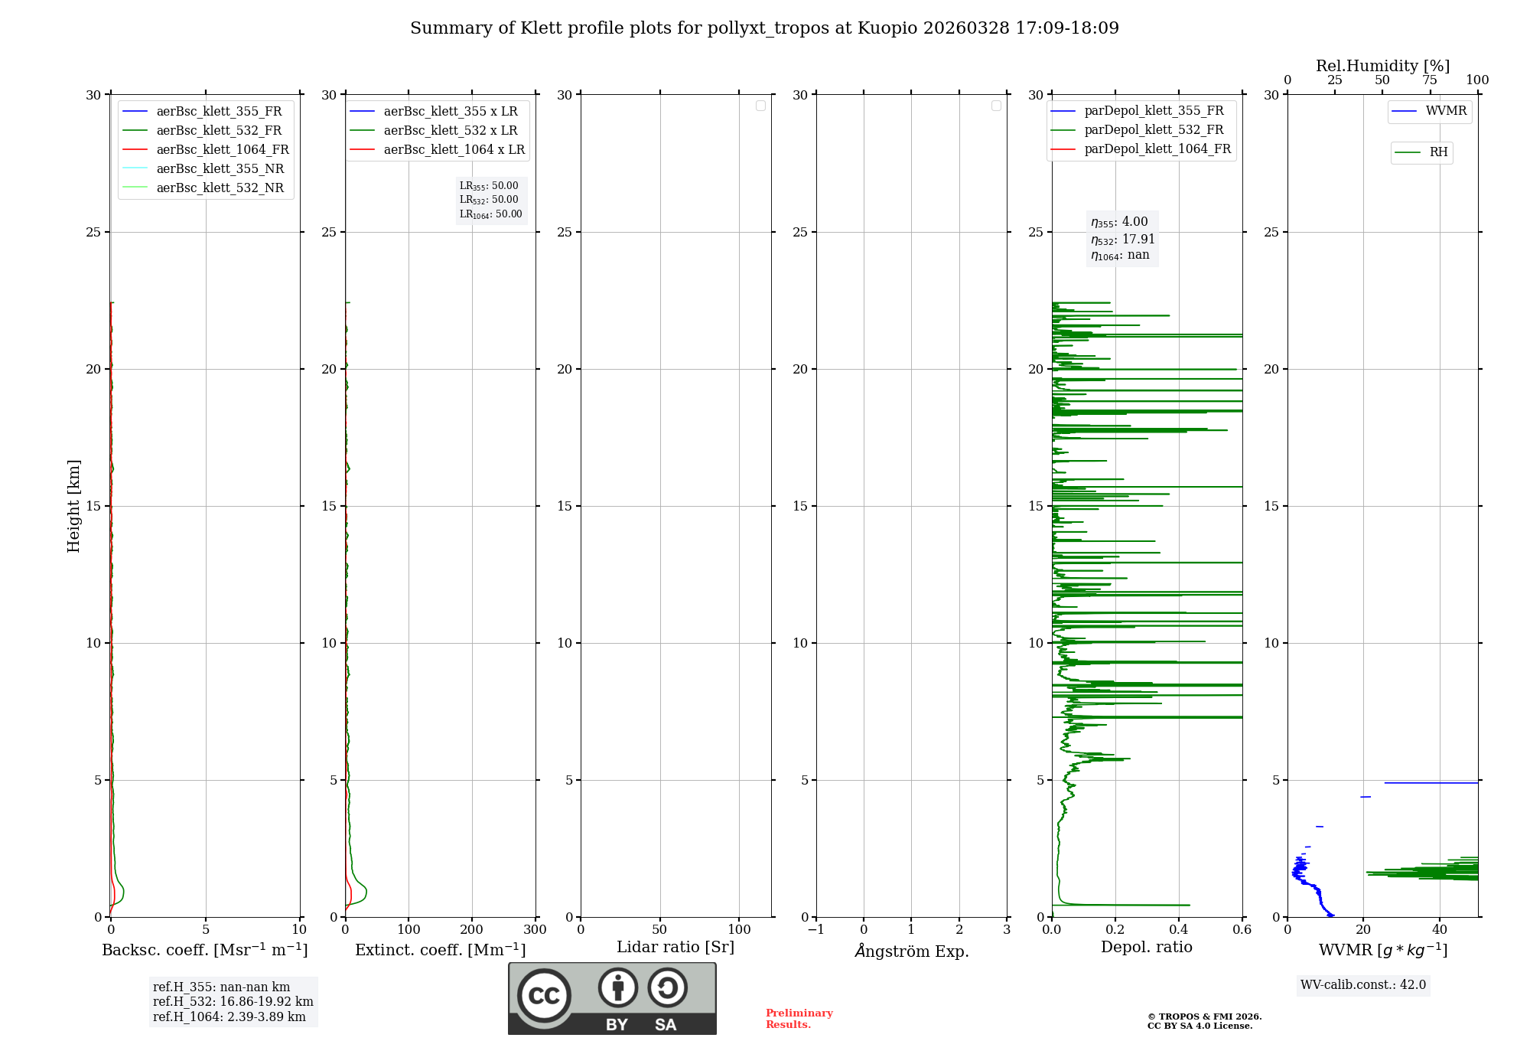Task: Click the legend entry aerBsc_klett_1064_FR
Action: (x=222, y=150)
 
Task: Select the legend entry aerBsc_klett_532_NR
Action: (x=220, y=188)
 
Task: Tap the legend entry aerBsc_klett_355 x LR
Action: (x=450, y=112)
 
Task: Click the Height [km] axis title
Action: (x=73, y=506)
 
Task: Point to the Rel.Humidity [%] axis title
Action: (x=1382, y=66)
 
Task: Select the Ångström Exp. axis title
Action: (x=911, y=951)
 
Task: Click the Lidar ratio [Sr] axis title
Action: (x=675, y=948)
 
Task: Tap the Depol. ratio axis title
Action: (x=1146, y=948)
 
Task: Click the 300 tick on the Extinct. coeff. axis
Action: (x=535, y=930)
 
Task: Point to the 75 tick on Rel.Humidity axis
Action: (x=1429, y=80)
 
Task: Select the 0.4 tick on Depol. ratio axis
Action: (x=1179, y=930)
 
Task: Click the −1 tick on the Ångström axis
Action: (x=816, y=930)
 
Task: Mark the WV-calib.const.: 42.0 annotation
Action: (x=1362, y=985)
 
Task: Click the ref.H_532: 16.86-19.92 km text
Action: (x=233, y=1002)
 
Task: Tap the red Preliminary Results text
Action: (x=799, y=1019)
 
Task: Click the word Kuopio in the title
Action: (x=887, y=28)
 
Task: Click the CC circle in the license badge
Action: (x=544, y=996)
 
